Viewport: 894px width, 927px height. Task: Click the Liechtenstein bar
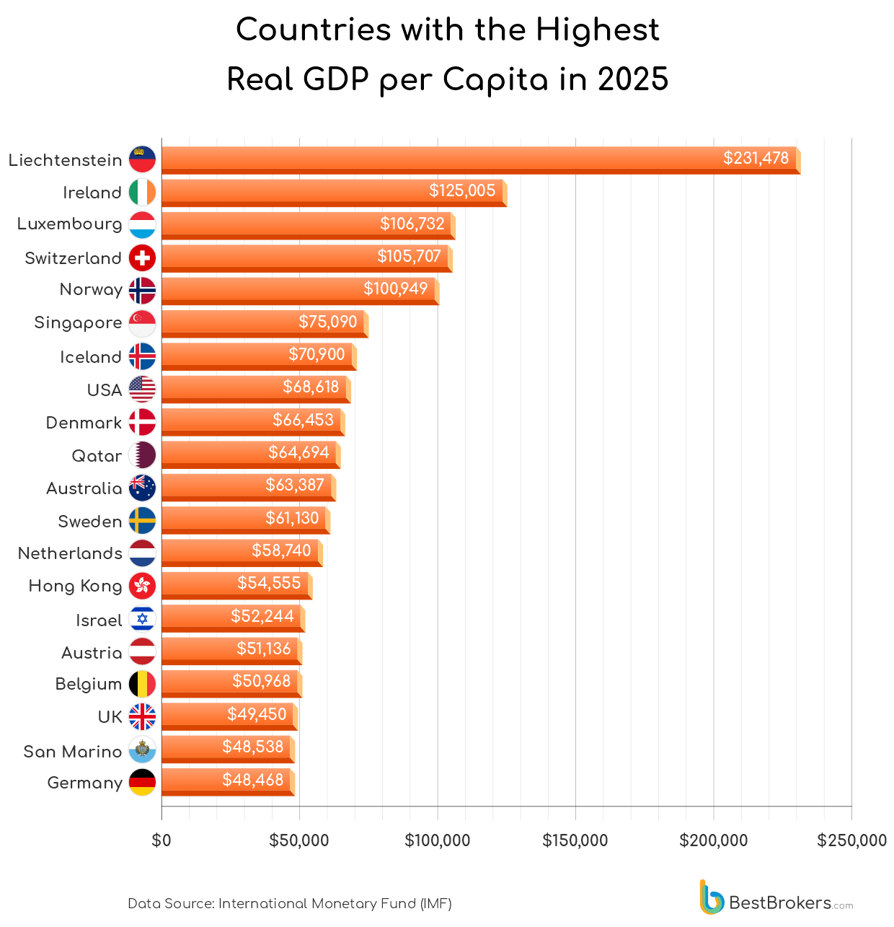(476, 159)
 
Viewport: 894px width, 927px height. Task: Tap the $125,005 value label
(462, 190)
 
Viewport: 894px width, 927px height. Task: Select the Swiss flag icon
(142, 258)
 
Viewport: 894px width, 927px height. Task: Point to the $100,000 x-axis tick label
(437, 840)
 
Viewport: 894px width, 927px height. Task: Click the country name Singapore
(78, 322)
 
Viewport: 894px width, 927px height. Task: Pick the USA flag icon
(142, 390)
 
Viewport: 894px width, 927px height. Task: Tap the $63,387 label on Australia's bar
(295, 485)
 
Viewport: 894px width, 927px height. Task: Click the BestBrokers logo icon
(711, 897)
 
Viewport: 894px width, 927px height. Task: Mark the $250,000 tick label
(851, 840)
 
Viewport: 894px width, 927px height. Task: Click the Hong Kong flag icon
(142, 585)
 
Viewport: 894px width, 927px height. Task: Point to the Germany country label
(84, 783)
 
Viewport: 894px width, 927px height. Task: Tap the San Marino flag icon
(142, 750)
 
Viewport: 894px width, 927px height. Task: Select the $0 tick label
(161, 840)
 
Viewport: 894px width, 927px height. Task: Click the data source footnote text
(289, 903)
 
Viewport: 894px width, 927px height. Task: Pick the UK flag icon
(142, 716)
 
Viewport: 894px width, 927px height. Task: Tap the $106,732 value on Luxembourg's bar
(412, 224)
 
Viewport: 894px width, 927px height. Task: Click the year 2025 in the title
(633, 79)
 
